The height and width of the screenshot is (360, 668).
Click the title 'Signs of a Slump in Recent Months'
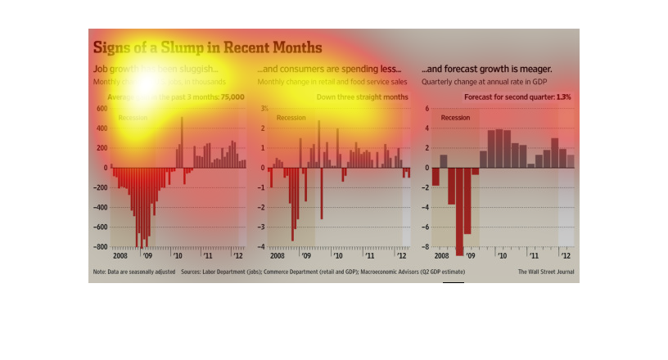point(207,47)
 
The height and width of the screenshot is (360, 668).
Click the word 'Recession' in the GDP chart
point(456,118)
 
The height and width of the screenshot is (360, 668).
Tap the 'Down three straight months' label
point(362,97)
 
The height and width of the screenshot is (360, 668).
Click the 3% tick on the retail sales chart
point(264,109)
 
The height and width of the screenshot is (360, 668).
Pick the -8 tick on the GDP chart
point(426,247)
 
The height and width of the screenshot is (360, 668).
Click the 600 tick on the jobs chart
point(102,109)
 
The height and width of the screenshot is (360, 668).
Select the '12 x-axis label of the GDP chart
point(566,256)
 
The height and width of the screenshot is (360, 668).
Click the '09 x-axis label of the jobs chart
point(146,256)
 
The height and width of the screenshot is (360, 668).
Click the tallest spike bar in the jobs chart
point(182,142)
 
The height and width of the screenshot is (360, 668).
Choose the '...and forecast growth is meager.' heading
point(486,70)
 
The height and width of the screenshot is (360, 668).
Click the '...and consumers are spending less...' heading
point(329,70)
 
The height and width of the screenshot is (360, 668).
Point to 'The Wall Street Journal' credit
point(546,272)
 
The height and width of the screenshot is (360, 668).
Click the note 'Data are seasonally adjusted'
point(134,272)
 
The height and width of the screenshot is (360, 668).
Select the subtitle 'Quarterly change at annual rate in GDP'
point(483,83)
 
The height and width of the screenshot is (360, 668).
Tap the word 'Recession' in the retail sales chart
point(291,118)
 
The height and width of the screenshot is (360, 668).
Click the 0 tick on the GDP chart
point(427,168)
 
